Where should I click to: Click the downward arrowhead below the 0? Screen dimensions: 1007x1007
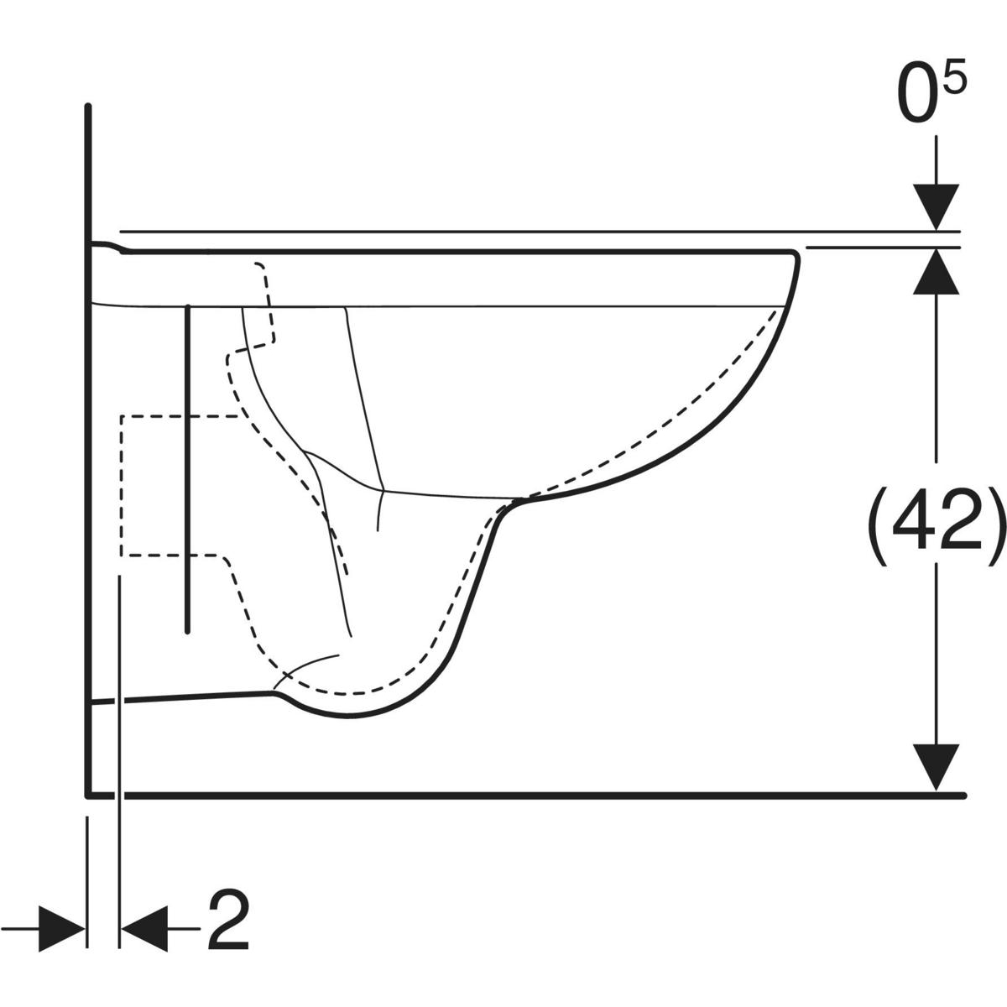[936, 207]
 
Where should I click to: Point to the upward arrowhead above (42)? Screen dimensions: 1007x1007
[936, 271]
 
